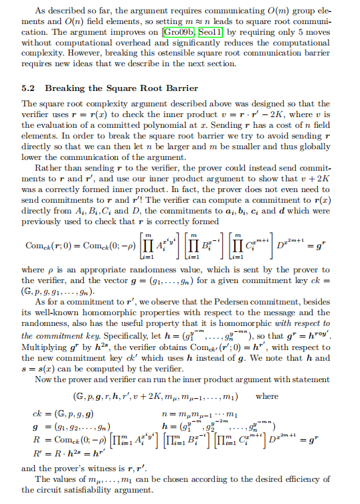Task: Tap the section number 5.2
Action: coord(29,88)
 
